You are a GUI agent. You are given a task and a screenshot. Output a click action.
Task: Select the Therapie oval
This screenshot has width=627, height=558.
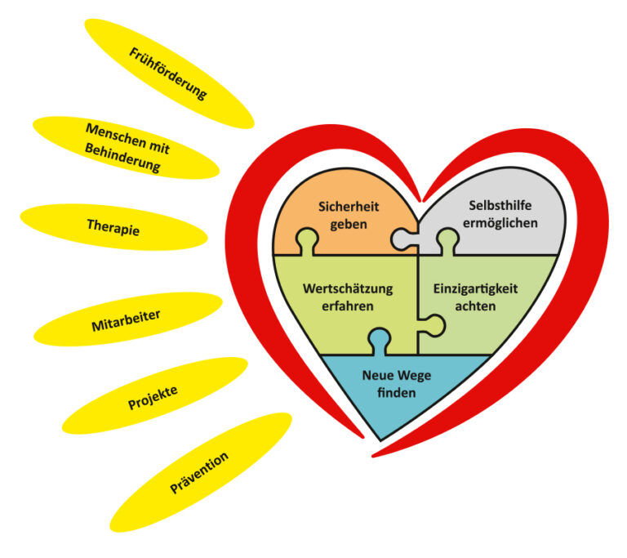[113, 226]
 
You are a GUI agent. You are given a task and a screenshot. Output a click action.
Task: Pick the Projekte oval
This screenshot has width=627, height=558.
[153, 395]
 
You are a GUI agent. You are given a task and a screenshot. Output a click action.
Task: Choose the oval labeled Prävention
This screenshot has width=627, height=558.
[200, 472]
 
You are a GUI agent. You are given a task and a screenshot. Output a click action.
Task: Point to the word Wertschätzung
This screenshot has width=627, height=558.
[348, 289]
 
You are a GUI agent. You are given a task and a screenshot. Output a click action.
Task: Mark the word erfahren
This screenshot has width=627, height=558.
[348, 306]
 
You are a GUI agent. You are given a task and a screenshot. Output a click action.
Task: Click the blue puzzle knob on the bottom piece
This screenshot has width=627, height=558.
[380, 338]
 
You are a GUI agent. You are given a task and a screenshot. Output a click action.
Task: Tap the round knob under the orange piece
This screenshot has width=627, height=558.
[307, 239]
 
